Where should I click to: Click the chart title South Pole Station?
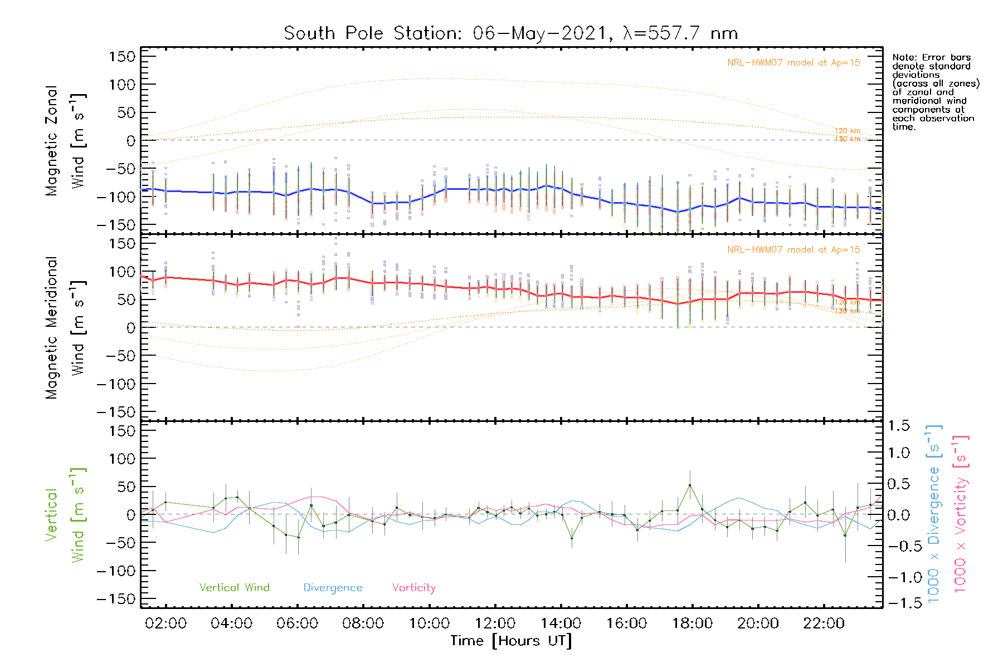pos(510,33)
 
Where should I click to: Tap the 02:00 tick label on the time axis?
pos(165,623)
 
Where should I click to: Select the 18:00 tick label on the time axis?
pos(692,623)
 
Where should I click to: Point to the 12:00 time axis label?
pos(495,623)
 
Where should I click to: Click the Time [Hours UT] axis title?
pos(511,641)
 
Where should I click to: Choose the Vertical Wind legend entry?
pos(234,588)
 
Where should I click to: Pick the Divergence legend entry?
pos(333,588)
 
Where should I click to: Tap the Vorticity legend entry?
pos(413,588)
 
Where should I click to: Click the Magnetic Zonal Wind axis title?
pos(65,140)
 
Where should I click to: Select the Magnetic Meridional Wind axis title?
pos(65,327)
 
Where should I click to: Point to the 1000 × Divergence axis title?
pos(934,514)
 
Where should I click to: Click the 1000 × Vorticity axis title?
pos(960,514)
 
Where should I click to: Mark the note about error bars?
pos(935,92)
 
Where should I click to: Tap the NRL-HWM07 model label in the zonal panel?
pos(793,63)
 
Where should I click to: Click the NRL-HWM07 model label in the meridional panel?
pos(793,250)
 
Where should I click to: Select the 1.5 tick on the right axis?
pos(898,426)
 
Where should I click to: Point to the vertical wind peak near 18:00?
pos(690,485)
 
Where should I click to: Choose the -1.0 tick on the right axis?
pos(898,577)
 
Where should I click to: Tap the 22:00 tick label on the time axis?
pos(824,623)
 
